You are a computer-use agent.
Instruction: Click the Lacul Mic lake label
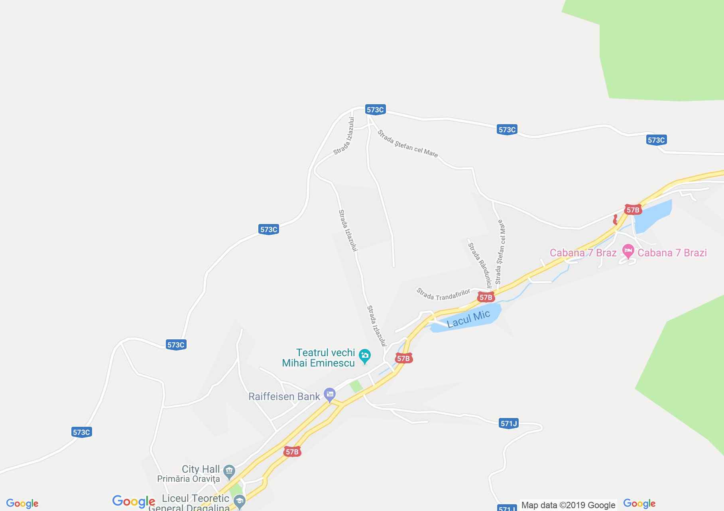(468, 319)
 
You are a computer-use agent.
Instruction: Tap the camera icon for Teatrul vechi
(364, 356)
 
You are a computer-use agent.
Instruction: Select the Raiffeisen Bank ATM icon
(330, 395)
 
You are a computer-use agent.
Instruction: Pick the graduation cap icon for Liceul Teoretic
(239, 501)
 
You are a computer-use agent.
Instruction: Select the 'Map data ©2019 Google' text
(568, 505)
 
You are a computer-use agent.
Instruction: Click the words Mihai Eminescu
(318, 363)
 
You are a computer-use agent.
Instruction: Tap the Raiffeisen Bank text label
(284, 396)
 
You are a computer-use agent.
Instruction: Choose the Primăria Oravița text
(188, 479)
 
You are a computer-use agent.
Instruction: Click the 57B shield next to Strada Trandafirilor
(486, 297)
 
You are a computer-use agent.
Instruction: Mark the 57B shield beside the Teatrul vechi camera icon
(403, 358)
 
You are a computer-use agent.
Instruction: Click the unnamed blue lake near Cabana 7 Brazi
(652, 216)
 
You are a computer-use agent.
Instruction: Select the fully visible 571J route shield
(508, 423)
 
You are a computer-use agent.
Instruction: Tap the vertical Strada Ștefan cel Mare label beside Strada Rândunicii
(500, 252)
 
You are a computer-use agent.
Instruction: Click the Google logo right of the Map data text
(639, 503)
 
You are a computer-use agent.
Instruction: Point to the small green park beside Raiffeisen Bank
(356, 386)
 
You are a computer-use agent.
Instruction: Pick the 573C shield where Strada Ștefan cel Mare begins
(375, 110)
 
